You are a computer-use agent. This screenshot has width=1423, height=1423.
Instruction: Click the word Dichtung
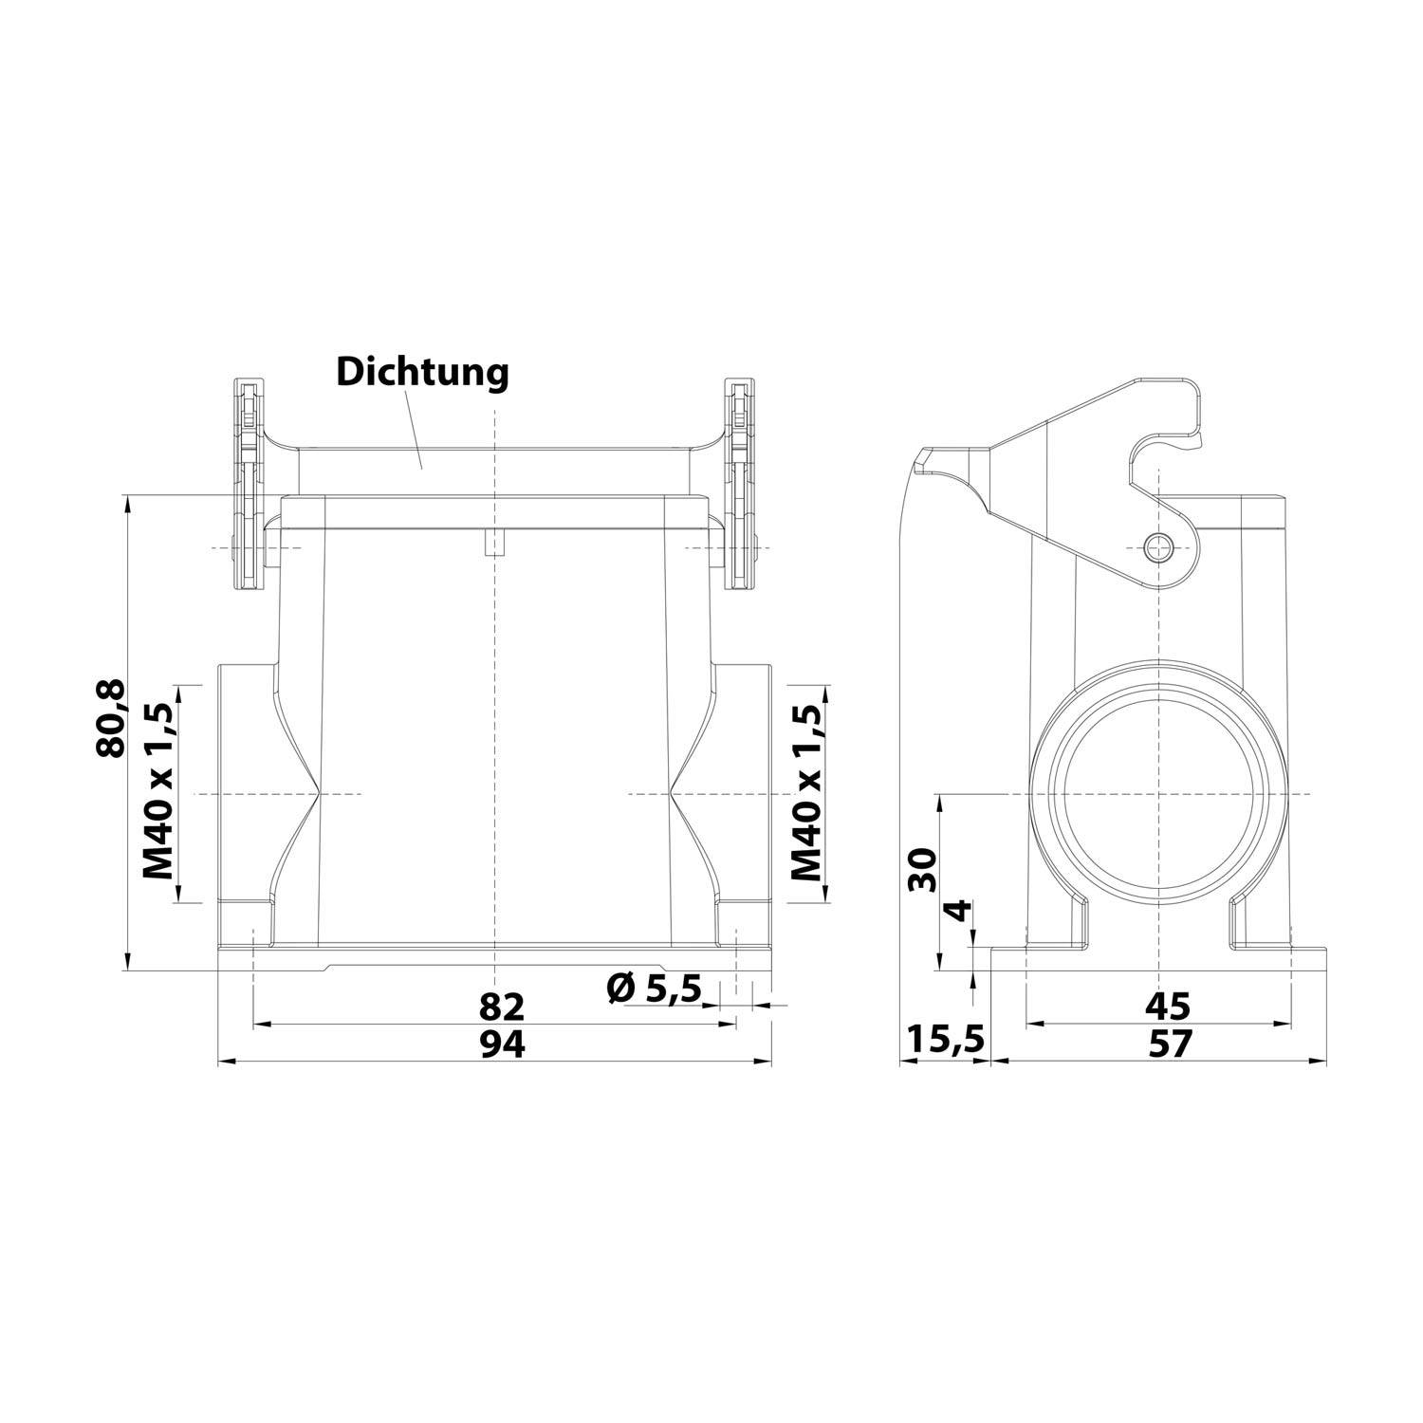[x=423, y=371]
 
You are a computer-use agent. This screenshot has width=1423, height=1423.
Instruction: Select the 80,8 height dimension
[x=111, y=718]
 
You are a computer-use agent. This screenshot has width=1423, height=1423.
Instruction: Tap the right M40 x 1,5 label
[x=806, y=793]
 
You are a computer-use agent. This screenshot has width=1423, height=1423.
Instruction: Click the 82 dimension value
[x=502, y=1005]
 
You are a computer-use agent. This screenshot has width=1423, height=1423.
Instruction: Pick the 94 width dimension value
[x=502, y=1044]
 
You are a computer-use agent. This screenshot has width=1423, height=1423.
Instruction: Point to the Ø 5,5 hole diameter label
[x=654, y=989]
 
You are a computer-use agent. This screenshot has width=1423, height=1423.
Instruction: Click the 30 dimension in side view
[x=922, y=869]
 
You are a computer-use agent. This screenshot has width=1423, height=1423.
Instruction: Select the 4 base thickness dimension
[x=960, y=911]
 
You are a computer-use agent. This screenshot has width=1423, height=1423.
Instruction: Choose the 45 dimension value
[x=1168, y=1005]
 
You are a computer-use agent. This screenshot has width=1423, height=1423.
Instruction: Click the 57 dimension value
[x=1169, y=1044]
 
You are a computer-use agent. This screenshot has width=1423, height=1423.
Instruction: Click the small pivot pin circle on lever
[x=1158, y=547]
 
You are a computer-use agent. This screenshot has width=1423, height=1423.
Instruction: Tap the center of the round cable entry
[x=1158, y=793]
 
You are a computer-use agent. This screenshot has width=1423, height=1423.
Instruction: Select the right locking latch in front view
[x=741, y=484]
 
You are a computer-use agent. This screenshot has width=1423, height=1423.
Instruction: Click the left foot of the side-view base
[x=1034, y=958]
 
